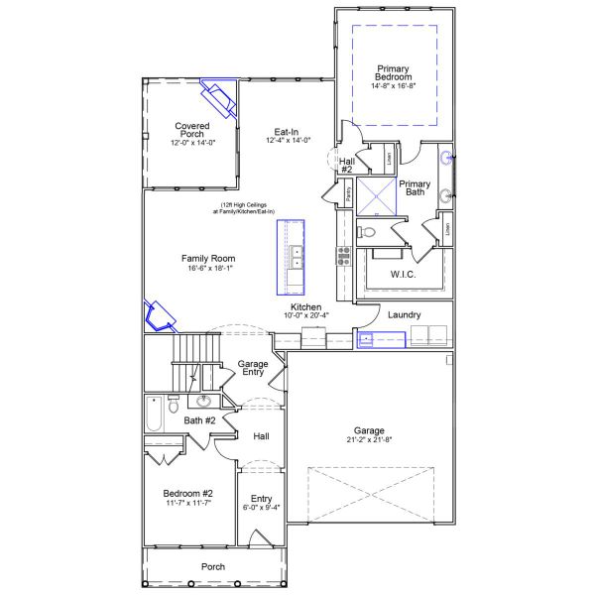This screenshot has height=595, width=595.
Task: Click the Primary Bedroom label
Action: pos(394,72)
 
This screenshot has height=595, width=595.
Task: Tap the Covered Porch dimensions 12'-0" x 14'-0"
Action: pos(193,142)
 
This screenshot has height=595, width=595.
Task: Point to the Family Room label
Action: pos(207,258)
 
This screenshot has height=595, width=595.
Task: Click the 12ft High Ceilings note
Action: pos(235,208)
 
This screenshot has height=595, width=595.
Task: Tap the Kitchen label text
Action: pos(305,307)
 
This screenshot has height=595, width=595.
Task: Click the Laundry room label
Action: pos(404,315)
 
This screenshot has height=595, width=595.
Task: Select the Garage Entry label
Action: pos(253,369)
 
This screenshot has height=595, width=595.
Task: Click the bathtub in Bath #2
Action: pos(154,414)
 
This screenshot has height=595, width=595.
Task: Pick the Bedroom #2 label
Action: pos(187,493)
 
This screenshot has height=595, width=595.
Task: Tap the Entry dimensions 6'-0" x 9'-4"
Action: pos(261,508)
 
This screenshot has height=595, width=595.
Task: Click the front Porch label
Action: pos(212,566)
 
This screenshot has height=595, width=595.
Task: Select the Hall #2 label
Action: pos(347,165)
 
